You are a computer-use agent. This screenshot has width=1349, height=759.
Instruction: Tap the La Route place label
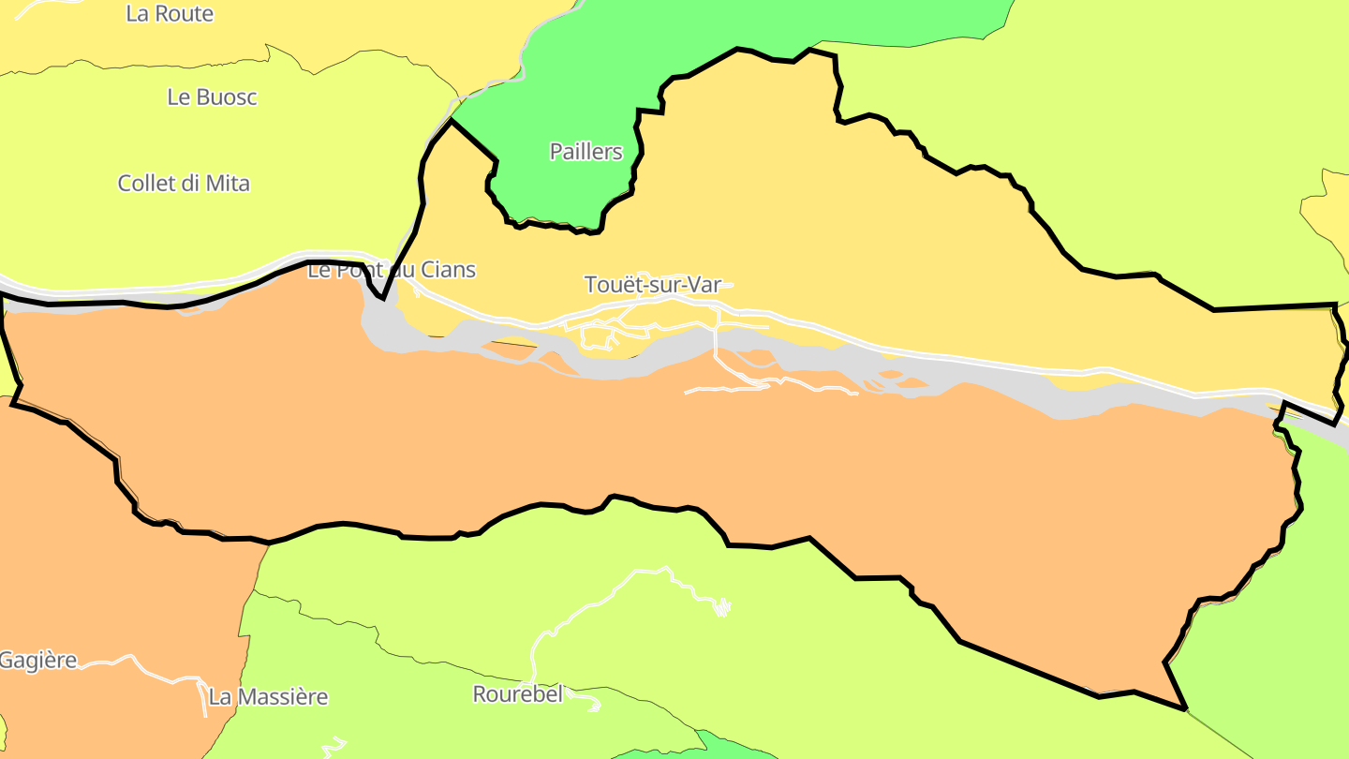(170, 14)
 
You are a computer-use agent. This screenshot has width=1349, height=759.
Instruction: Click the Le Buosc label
(212, 97)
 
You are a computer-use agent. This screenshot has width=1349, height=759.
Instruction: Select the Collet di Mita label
(184, 183)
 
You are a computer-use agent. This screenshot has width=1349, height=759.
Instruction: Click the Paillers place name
(586, 151)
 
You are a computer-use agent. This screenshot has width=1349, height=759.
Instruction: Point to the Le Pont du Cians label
(392, 270)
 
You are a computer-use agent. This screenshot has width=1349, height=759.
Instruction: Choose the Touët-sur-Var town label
(653, 284)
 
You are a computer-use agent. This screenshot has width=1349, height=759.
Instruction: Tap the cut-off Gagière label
(38, 660)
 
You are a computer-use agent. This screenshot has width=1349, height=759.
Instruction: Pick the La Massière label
(268, 697)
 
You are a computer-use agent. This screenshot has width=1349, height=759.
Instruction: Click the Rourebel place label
(517, 694)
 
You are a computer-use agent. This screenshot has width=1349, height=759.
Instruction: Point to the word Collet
(146, 183)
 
